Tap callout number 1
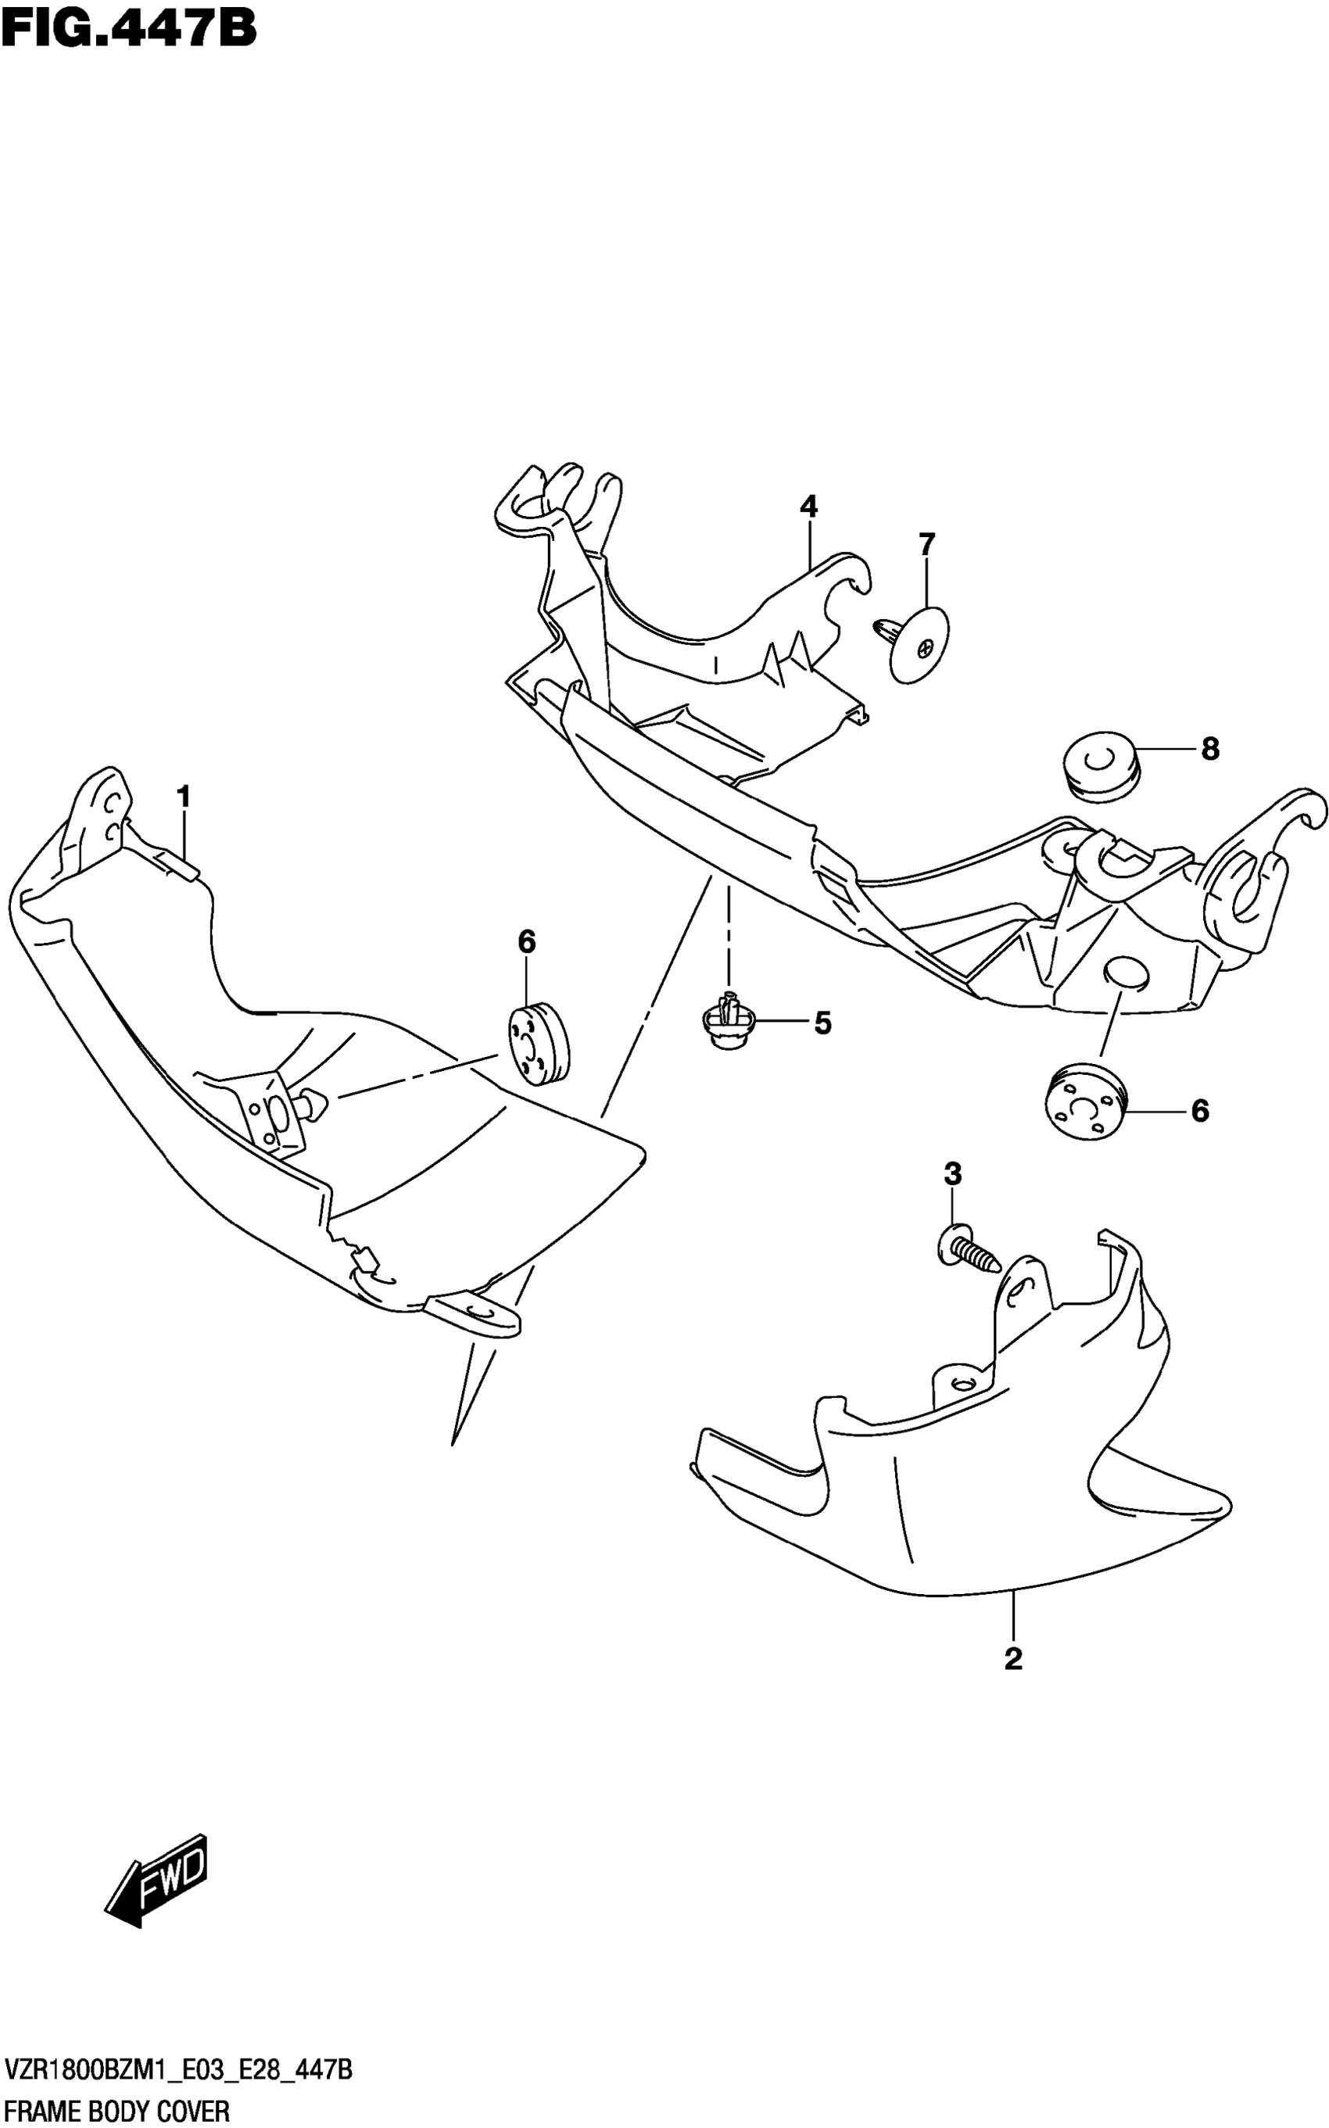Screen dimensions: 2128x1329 [x=183, y=797]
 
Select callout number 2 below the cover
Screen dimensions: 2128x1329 [x=1012, y=1659]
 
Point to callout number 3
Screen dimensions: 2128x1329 [x=953, y=1173]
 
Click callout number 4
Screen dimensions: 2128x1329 [x=808, y=507]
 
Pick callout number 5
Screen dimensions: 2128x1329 [x=822, y=1023]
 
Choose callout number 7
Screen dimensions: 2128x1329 [x=926, y=545]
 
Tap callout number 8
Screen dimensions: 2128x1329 [x=1209, y=749]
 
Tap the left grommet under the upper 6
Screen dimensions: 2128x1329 [x=538, y=1044]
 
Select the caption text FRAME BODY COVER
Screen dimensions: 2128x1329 [x=117, y=2109]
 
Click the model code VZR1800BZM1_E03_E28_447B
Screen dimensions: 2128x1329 [x=177, y=2065]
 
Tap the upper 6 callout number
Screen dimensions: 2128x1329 [x=526, y=942]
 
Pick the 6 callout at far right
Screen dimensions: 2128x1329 [x=1200, y=1111]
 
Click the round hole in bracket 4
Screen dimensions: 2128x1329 [x=1125, y=973]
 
